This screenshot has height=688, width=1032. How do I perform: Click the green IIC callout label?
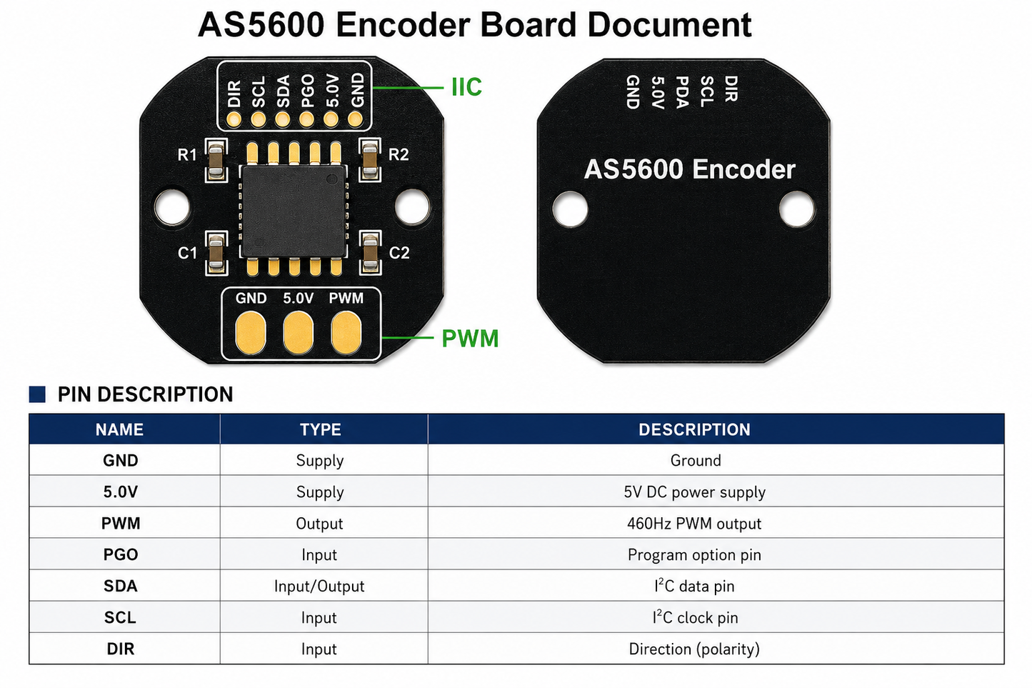466,86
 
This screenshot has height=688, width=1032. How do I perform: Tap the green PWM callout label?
470,338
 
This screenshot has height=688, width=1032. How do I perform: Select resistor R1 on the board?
216,160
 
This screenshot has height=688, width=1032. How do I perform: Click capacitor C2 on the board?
370,252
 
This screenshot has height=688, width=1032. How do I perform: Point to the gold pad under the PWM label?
346,331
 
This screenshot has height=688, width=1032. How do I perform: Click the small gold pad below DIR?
234,120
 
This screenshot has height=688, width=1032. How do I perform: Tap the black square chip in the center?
294,211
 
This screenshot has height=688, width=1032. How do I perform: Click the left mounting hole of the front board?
172,206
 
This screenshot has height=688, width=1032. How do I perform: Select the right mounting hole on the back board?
796,209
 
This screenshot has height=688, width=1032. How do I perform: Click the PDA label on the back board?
682,91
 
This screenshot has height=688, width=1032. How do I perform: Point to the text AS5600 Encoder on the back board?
689,169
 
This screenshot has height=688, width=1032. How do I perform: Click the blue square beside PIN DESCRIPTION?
37,394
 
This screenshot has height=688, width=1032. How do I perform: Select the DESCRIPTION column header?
694,429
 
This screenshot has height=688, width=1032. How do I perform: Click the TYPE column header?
320,429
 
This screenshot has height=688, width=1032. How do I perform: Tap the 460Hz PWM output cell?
694,524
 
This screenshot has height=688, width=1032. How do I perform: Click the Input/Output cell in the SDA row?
319,586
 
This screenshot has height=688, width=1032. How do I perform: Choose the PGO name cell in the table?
120,555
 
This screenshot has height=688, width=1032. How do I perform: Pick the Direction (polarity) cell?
694,649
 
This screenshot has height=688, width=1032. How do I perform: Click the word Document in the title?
669,25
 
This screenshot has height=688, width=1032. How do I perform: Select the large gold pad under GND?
251,331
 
